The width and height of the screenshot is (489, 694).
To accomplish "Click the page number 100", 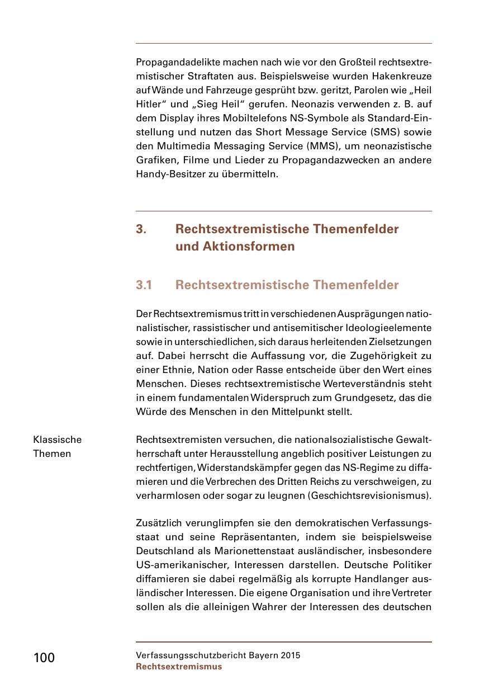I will point(44,658).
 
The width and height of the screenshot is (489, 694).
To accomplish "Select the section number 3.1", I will point(144,285).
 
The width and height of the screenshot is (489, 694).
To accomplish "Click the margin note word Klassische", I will point(57,440).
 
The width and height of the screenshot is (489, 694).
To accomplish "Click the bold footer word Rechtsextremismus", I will point(179,667).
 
